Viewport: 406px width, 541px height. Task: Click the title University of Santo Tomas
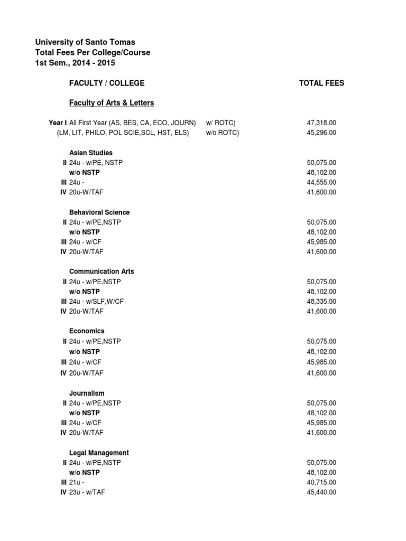coord(85,42)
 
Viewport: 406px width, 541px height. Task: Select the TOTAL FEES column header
coord(321,83)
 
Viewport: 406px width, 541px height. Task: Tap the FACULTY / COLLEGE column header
coord(107,83)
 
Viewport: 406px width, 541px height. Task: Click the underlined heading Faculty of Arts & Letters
coord(112,102)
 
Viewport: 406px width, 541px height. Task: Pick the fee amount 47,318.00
coord(321,123)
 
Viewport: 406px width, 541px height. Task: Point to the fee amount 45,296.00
coord(321,133)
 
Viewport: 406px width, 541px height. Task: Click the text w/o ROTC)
coord(223,133)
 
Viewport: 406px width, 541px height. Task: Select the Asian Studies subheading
coord(91,153)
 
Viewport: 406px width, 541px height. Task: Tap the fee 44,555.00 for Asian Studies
coord(321,182)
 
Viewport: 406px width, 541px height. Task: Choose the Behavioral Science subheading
coord(99,212)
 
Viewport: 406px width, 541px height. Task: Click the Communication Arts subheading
coord(101,271)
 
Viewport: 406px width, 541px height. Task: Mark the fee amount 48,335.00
coord(321,301)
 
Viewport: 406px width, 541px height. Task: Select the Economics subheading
coord(87,331)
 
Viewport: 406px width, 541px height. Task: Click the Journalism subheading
coord(87,393)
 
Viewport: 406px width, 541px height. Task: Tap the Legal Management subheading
coord(99,453)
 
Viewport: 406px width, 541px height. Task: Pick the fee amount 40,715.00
coord(321,482)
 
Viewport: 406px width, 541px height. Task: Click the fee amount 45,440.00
coord(321,492)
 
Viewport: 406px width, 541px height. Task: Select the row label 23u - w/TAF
coord(90,492)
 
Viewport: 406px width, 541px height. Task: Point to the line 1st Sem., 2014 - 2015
coord(75,63)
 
